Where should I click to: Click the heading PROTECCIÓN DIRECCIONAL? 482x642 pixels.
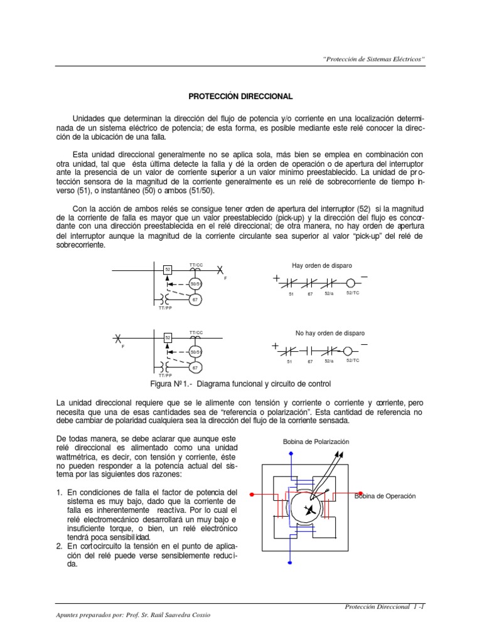(241, 97)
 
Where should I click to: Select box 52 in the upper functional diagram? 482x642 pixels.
(168, 270)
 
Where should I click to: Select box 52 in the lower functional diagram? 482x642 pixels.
(168, 338)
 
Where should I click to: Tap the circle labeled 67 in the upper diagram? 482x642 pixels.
(195, 300)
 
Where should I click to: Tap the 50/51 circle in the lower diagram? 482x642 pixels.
(195, 352)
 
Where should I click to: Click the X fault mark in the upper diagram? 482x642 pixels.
(220, 270)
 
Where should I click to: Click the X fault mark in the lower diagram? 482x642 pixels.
(117, 338)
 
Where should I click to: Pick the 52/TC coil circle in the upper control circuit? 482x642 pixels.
(350, 282)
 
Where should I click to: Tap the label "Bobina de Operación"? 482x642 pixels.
(385, 496)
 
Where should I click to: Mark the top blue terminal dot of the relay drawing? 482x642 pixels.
(290, 453)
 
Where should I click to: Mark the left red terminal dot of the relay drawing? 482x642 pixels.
(252, 494)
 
